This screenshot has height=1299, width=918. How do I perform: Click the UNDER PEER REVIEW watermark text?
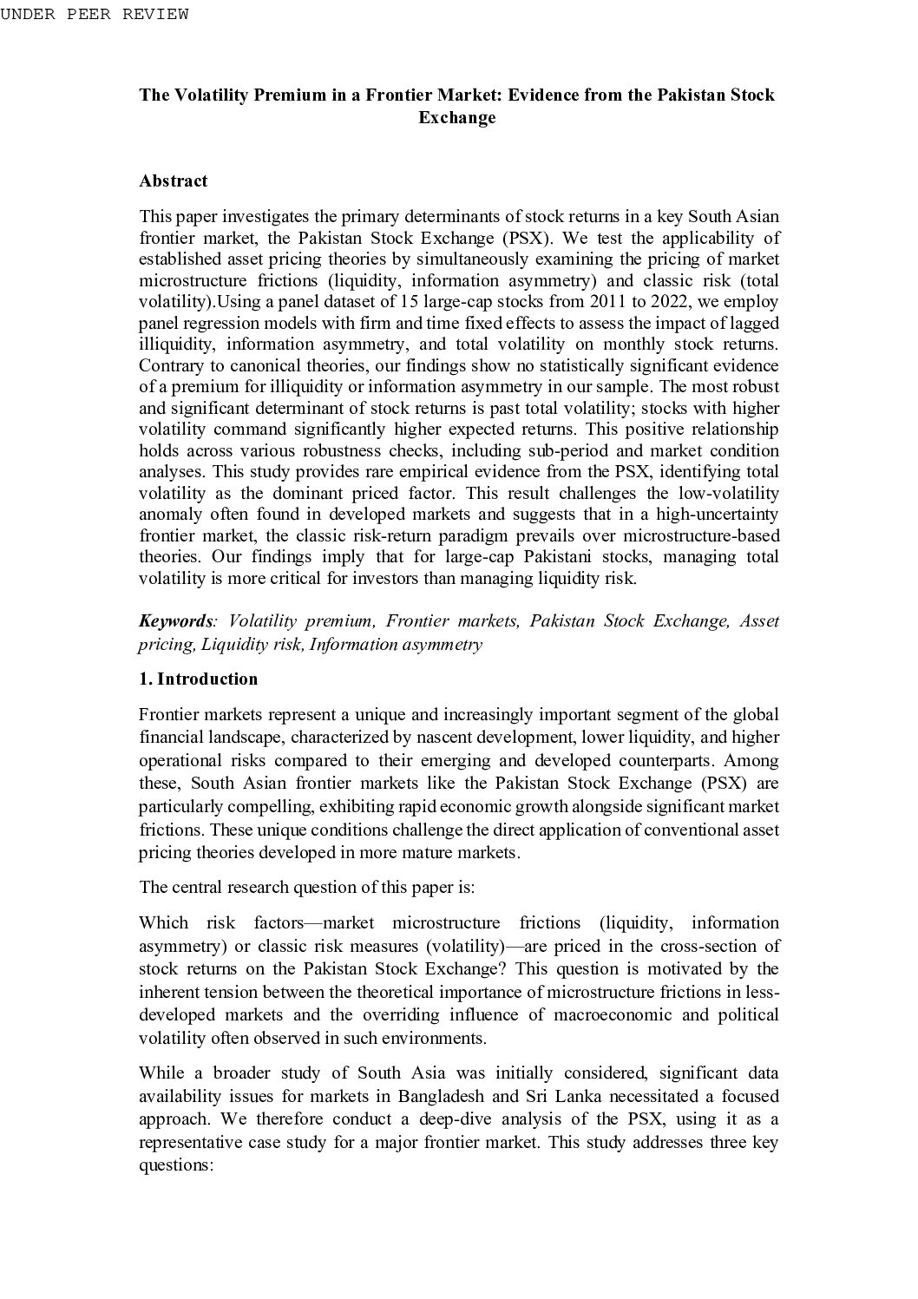click(94, 14)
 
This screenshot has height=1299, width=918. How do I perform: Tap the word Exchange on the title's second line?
click(456, 117)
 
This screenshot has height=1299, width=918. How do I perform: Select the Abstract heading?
click(174, 180)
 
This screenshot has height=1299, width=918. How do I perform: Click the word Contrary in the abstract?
click(169, 365)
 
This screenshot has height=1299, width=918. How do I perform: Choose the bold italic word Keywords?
click(175, 621)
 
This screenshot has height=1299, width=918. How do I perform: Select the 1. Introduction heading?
click(198, 679)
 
